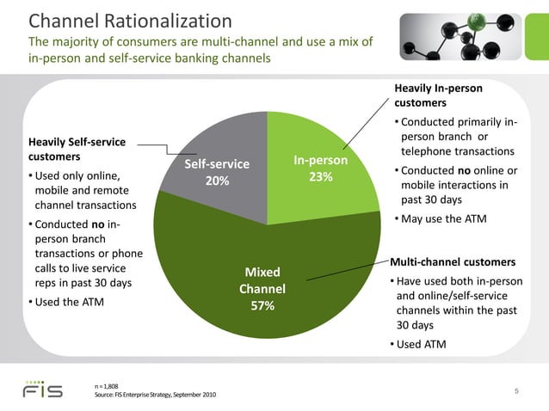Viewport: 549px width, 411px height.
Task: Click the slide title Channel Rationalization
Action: [130, 20]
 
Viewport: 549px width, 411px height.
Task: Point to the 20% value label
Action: [217, 181]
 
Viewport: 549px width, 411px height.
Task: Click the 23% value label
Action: [320, 177]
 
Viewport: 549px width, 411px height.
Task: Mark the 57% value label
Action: [262, 305]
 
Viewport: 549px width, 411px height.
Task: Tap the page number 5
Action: [515, 392]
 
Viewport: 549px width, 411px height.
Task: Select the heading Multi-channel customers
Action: [453, 261]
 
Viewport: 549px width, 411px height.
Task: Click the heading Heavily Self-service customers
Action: [77, 149]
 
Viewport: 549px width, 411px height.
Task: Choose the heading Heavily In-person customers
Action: [438, 95]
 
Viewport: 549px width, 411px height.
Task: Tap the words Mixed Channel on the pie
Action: [262, 280]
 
